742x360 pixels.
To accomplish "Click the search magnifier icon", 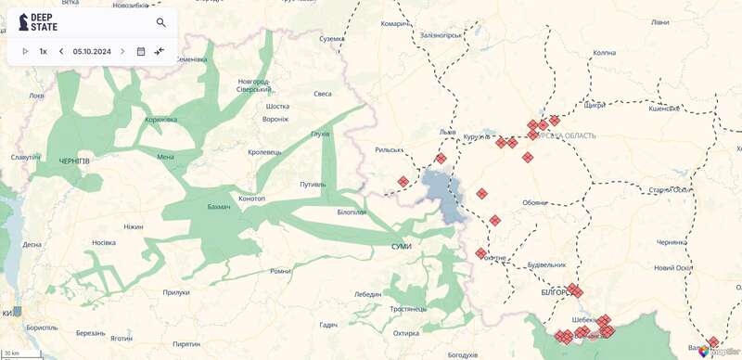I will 161,22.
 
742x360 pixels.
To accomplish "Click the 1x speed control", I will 43,51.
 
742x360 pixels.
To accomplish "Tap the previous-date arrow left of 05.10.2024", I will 61,51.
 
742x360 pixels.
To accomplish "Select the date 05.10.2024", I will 92,51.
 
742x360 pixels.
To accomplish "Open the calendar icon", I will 141,51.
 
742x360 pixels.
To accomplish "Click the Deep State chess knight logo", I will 21,22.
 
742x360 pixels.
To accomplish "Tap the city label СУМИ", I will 402,245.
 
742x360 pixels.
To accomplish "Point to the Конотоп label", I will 251,199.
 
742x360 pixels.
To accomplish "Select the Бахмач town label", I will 219,205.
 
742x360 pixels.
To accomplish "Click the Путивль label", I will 313,184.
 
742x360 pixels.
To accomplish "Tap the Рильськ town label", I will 389,149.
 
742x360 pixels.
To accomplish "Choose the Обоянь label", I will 535,201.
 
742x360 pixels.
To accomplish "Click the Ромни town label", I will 280,271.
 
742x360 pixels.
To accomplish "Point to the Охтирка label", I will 406,333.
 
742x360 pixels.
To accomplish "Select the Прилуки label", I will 175,292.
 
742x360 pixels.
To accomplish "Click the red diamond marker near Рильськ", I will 403,182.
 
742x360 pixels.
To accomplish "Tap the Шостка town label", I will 278,106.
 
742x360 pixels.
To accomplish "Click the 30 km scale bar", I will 11,354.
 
